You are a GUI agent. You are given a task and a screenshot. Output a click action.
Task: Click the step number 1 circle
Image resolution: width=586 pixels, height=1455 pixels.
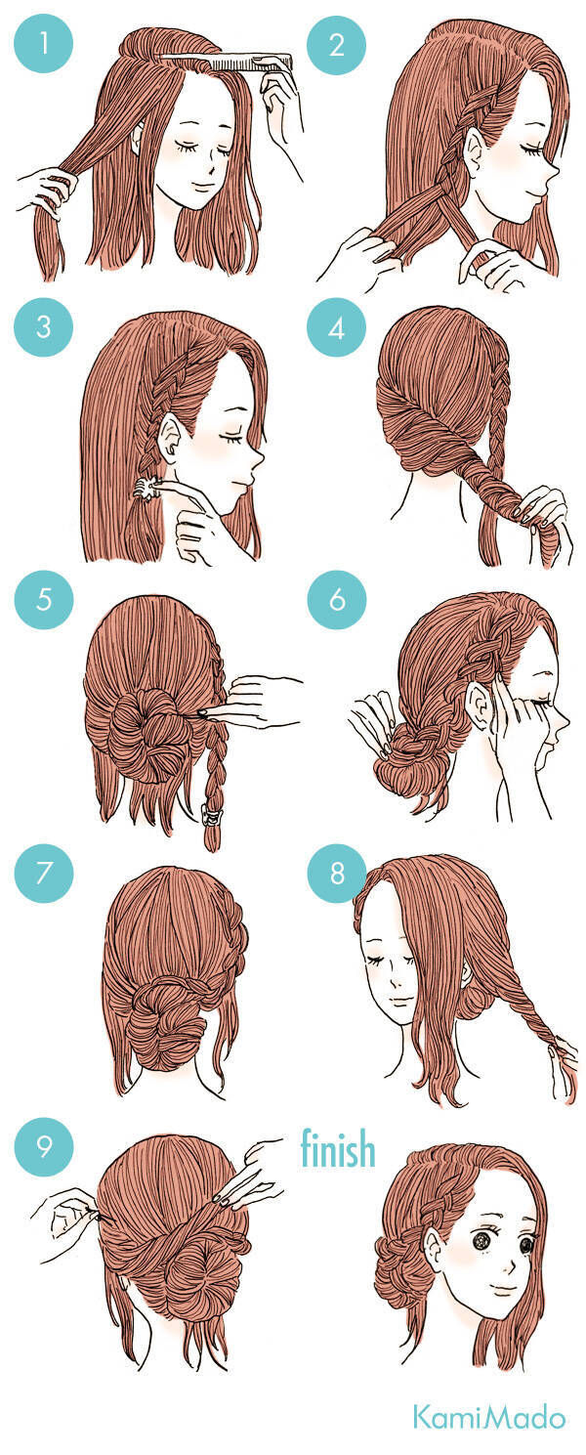[x=44, y=44]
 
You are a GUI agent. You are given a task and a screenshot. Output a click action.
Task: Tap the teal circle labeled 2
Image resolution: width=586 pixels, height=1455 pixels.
[x=336, y=44]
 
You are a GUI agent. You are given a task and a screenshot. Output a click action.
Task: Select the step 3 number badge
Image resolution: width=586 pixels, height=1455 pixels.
[x=44, y=326]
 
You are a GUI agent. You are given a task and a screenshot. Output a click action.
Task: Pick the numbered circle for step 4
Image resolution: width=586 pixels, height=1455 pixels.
[x=336, y=328]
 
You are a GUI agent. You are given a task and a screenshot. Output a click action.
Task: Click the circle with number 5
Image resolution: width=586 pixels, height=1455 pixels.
[x=44, y=599]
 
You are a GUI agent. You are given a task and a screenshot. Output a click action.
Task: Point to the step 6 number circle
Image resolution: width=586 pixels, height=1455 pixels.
[x=337, y=599]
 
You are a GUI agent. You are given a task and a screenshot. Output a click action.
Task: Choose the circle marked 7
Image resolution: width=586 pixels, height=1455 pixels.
[x=44, y=873]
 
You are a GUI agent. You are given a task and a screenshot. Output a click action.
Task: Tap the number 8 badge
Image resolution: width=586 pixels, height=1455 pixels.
[x=337, y=873]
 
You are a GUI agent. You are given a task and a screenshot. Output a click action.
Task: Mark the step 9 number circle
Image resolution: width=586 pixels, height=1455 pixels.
[x=44, y=1146]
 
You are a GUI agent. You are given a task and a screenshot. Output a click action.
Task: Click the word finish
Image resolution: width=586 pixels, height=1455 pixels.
[x=338, y=1148]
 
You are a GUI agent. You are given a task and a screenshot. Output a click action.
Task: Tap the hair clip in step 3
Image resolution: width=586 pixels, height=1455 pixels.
[x=146, y=489]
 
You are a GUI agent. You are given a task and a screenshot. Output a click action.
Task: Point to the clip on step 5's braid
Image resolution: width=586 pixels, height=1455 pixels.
[x=210, y=814]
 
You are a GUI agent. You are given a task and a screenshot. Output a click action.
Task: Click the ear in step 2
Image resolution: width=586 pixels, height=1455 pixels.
[x=475, y=150]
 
